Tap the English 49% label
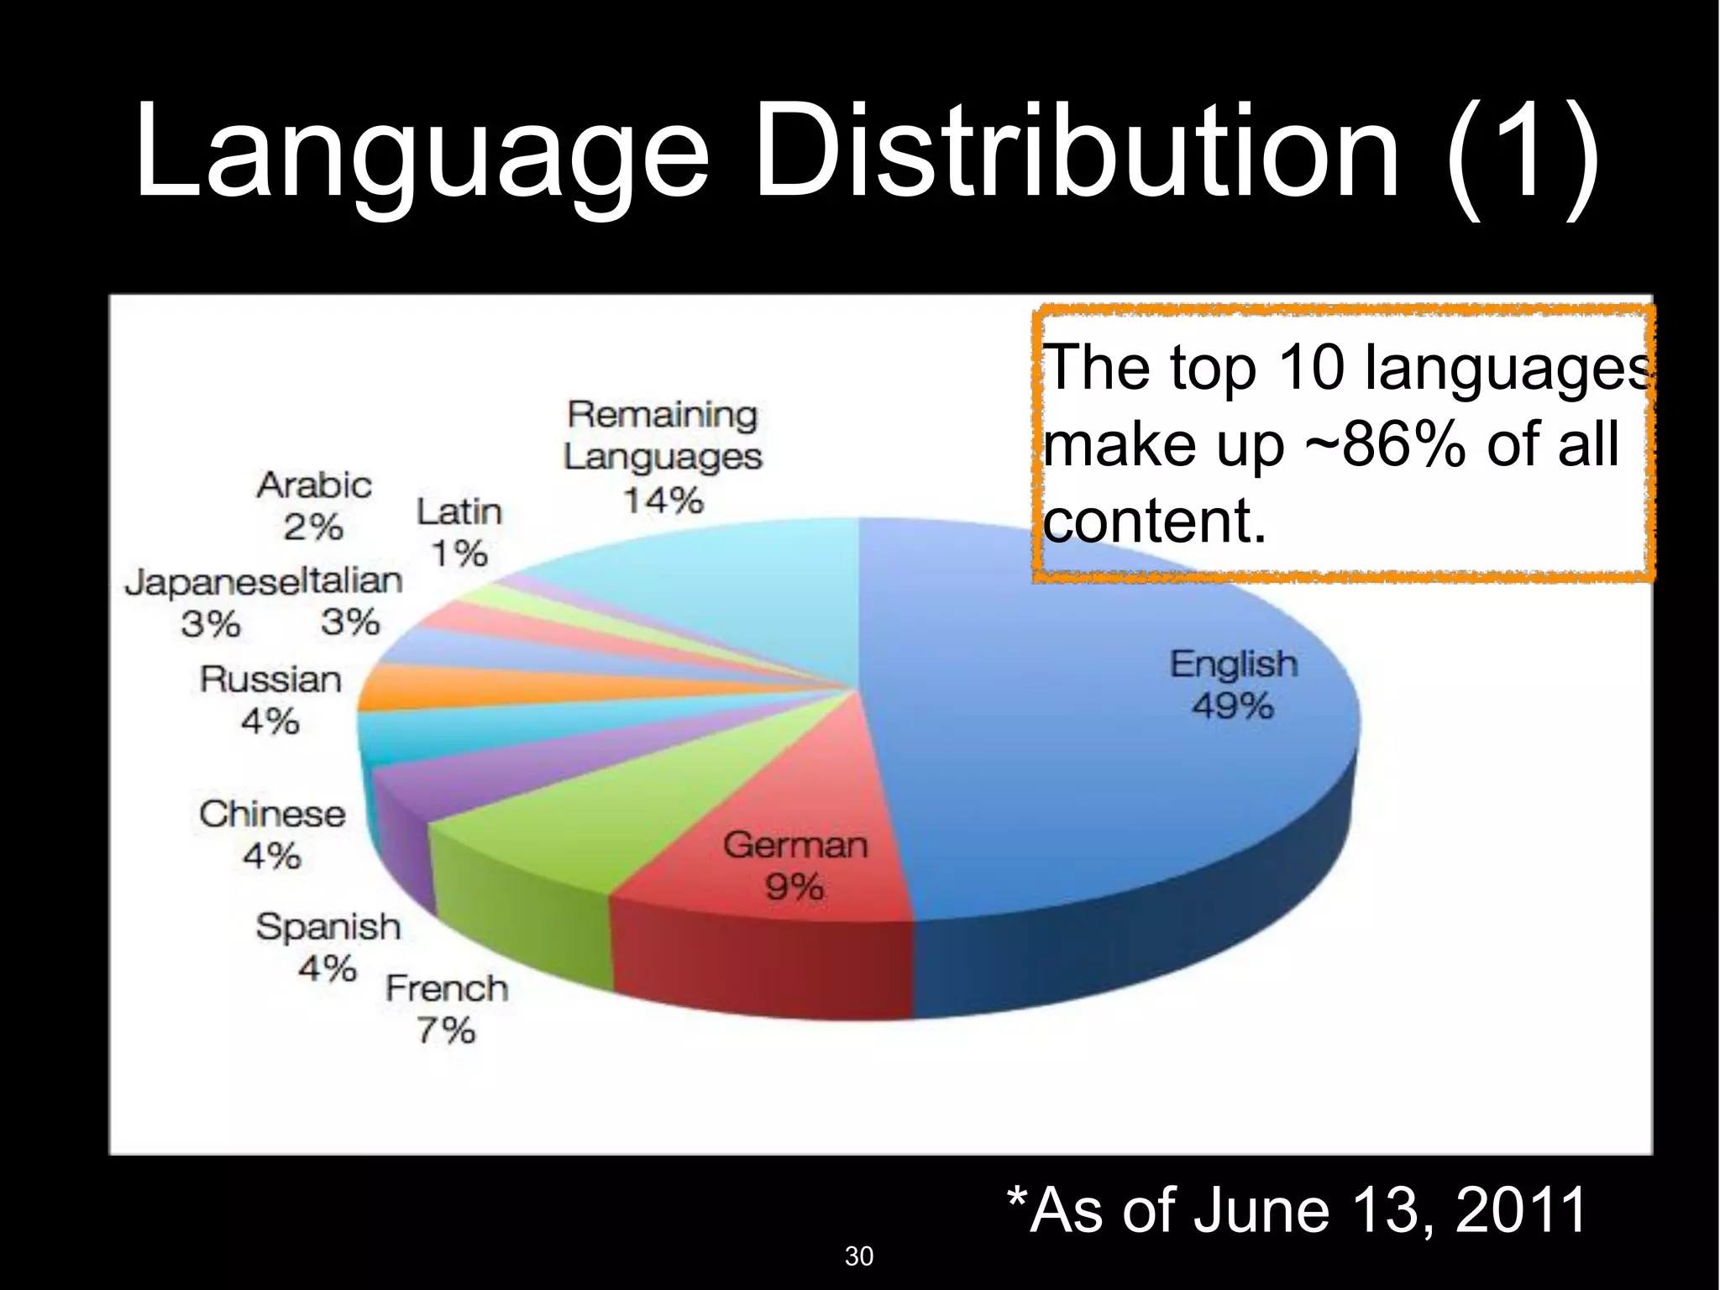[x=1233, y=684]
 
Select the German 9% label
[x=794, y=865]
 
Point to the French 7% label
[x=447, y=1009]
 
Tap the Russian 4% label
[x=270, y=700]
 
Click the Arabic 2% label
[x=314, y=506]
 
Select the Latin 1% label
[x=459, y=532]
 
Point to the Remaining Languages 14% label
[x=663, y=456]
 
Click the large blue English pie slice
[x=1092, y=756]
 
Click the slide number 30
[x=858, y=1256]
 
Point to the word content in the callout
[x=1153, y=521]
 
